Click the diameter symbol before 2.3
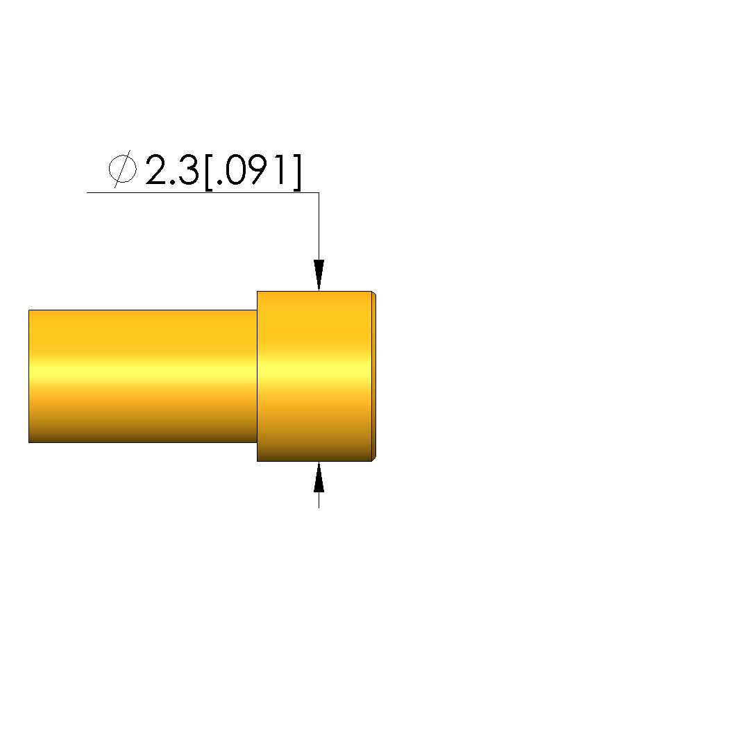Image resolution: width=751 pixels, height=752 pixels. pos(122,169)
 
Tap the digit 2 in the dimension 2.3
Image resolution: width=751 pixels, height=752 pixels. pos(156,169)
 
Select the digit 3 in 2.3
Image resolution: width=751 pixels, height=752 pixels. pos(188,169)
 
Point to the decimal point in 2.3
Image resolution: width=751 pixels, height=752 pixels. pos(173,182)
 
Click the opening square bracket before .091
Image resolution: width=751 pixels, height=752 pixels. pos(208,172)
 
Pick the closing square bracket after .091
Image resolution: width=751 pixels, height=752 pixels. pos(298,172)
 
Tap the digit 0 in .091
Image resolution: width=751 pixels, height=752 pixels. pos(235,169)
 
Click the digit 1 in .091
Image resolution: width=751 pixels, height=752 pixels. pos(282,169)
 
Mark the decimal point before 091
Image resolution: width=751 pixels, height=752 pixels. pos(219,182)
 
